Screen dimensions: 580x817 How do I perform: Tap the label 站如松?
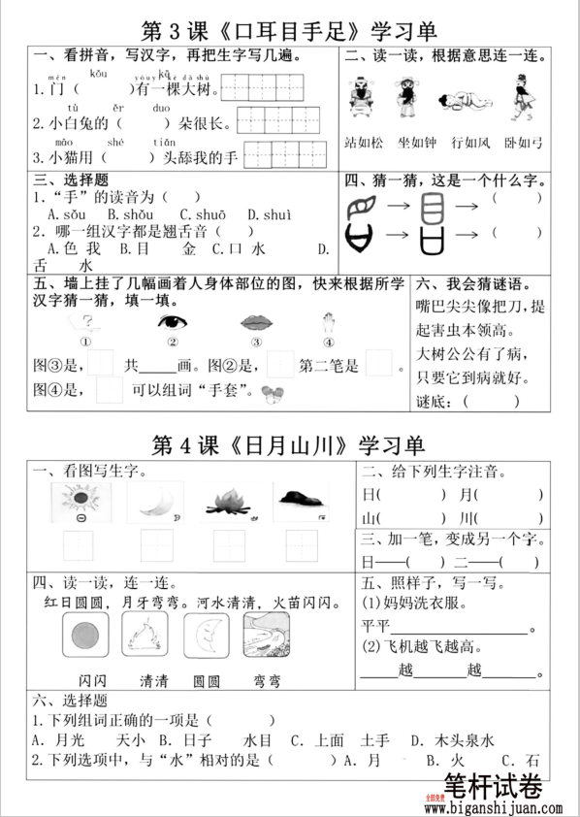[x=365, y=143]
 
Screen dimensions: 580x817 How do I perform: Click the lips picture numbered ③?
[x=256, y=322]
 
